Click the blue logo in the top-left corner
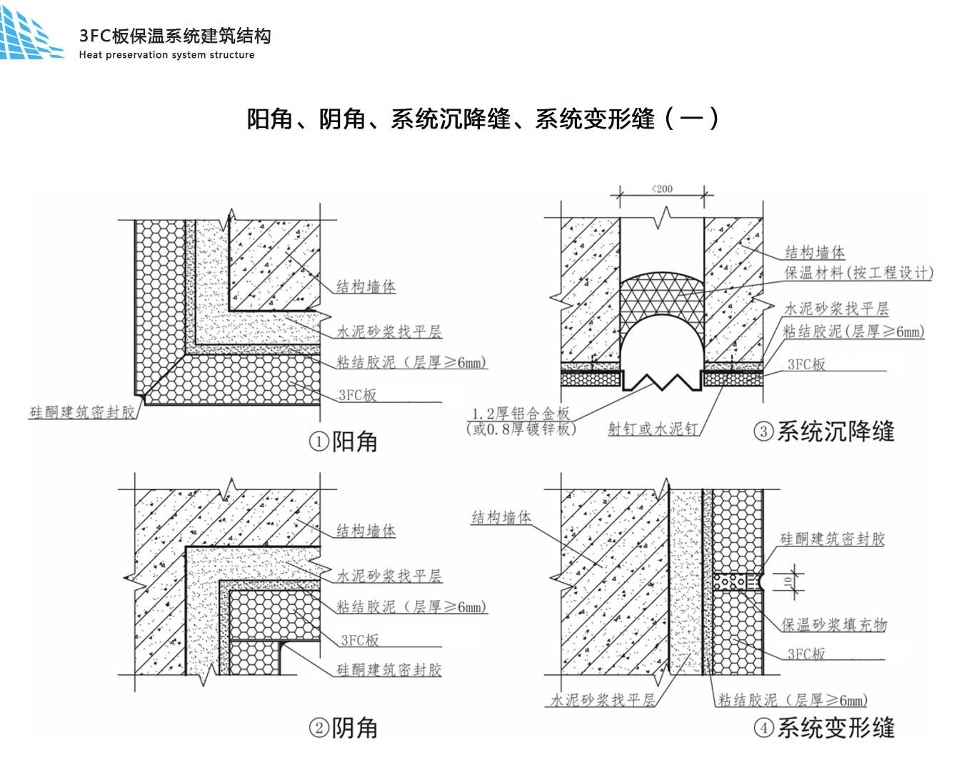point(30,34)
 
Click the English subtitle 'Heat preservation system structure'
point(166,55)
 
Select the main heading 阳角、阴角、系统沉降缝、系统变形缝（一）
point(483,118)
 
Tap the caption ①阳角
point(343,441)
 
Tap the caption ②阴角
point(343,728)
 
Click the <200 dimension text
point(662,189)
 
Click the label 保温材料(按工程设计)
point(858,273)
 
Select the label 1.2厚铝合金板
point(521,414)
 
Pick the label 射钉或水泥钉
point(653,429)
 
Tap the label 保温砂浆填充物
point(834,625)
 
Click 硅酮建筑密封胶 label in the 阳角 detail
point(82,412)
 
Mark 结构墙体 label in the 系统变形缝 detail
point(501,518)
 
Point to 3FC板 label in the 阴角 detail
point(360,640)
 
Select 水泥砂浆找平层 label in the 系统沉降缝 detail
point(836,309)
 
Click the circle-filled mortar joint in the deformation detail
point(734,581)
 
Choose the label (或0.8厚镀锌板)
point(521,429)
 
